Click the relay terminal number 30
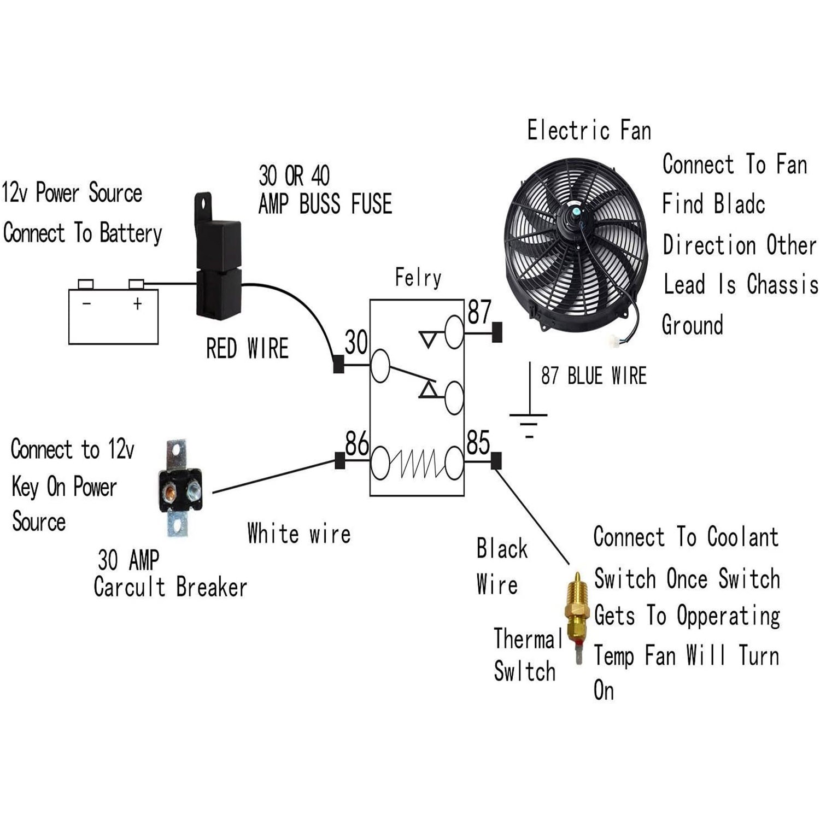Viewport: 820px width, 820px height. (356, 343)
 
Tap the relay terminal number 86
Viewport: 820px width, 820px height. (356, 443)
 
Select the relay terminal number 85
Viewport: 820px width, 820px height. (478, 443)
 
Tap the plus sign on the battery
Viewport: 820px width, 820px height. (137, 303)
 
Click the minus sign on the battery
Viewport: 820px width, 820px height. (86, 303)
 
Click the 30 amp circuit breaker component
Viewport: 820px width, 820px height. (179, 488)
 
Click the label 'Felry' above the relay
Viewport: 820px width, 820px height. (418, 278)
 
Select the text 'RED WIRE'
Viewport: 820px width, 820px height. (247, 349)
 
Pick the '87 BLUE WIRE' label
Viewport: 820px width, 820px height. (594, 376)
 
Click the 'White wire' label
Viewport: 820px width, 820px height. (298, 534)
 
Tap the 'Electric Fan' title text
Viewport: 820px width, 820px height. (589, 131)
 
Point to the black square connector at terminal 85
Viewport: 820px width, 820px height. (496, 461)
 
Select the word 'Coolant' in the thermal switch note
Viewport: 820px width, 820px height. (742, 537)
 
